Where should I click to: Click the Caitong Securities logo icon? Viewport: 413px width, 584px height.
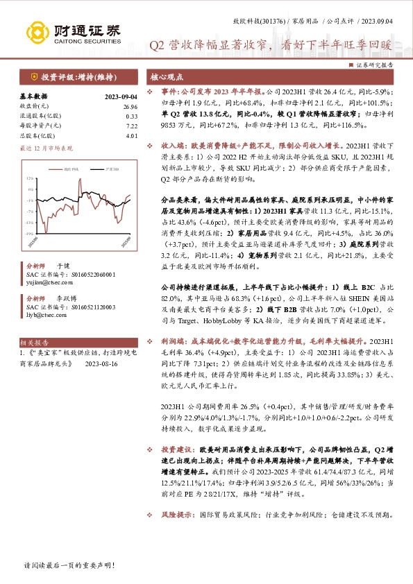pos(37,32)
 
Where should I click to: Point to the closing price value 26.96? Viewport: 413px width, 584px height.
pos(130,106)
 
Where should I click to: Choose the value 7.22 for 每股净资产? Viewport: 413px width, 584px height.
pos(132,126)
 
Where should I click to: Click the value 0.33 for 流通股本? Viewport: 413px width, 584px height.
pos(132,116)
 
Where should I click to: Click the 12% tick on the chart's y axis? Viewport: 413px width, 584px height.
pos(30,178)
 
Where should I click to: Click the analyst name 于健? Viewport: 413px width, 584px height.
pos(62,265)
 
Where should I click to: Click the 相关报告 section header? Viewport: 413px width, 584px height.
pos(34,342)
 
